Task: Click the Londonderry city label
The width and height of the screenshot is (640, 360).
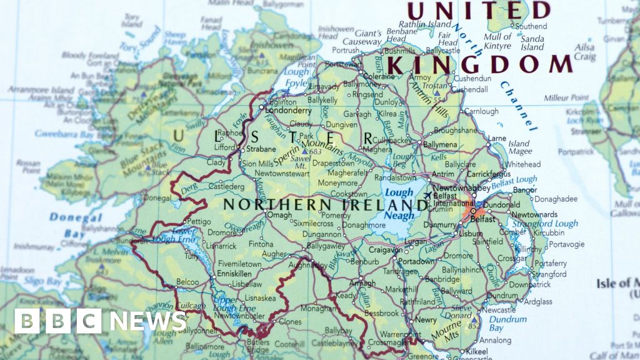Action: (288, 110)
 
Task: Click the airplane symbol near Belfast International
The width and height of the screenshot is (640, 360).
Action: (427, 195)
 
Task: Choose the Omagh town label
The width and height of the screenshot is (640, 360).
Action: (279, 215)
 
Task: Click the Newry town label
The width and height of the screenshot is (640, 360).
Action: (426, 319)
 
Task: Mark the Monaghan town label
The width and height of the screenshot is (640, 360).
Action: (318, 309)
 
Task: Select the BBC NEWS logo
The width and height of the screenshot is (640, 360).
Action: (100, 321)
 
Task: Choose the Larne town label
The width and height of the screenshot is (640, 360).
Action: (496, 138)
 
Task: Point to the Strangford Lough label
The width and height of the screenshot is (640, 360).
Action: (545, 224)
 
